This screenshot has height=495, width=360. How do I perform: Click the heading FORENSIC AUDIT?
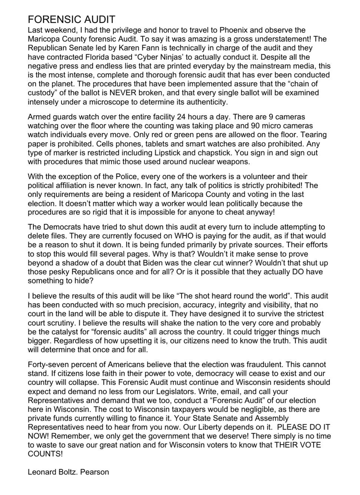pyautogui.click(x=71, y=20)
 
